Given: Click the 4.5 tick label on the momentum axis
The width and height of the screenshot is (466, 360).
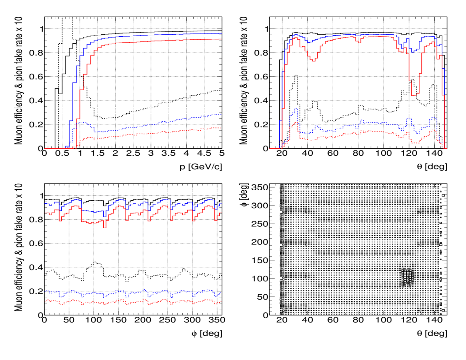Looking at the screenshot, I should click(204, 153).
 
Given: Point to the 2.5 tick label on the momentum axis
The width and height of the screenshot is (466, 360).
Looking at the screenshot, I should click(133, 153).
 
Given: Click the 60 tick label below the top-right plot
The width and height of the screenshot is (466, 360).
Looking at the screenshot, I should click(333, 153).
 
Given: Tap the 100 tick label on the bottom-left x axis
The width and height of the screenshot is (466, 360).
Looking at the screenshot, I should click(93, 320).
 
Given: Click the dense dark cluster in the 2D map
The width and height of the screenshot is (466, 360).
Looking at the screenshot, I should click(407, 277).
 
